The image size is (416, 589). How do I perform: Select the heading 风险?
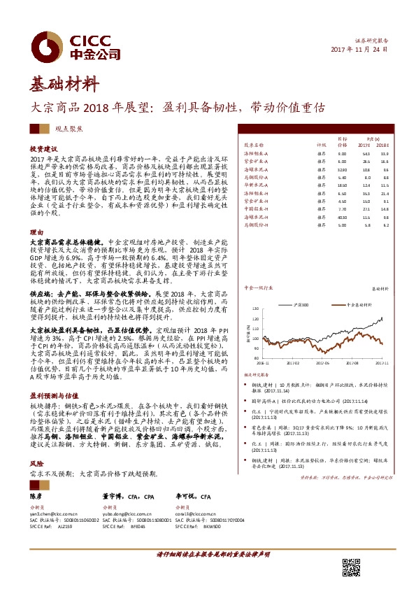coord(36,443)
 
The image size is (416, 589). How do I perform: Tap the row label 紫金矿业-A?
coord(259,162)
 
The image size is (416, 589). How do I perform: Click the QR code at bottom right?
coord(351,567)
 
